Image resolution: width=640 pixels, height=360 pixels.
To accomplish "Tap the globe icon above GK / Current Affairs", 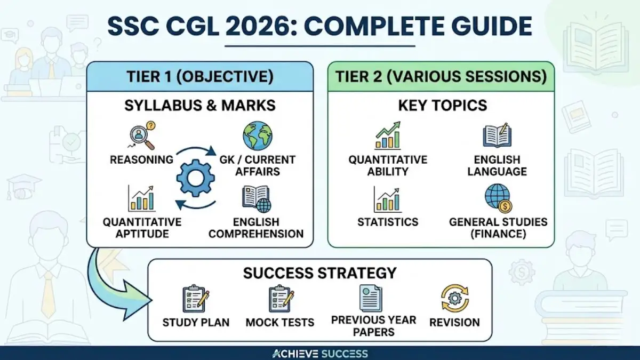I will click(257, 136).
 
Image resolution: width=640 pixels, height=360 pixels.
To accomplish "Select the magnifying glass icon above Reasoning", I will click(141, 136).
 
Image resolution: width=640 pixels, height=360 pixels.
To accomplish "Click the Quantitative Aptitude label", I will click(142, 228).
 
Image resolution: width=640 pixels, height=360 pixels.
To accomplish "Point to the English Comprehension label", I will click(256, 228).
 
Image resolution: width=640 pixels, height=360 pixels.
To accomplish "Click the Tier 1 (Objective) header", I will click(200, 76).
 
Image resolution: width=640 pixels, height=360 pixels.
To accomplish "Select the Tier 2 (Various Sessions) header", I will click(441, 76).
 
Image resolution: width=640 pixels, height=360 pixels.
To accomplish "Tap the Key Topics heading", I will click(442, 106).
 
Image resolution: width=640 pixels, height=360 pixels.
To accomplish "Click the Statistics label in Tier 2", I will click(388, 222).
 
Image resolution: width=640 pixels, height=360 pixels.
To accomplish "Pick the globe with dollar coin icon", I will click(498, 198).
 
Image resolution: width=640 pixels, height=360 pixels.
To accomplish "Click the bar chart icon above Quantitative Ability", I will click(388, 137).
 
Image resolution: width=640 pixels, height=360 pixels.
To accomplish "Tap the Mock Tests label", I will click(280, 322).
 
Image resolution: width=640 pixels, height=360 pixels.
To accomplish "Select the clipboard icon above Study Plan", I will click(195, 298).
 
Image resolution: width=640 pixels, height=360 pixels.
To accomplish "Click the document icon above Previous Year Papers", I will click(370, 298).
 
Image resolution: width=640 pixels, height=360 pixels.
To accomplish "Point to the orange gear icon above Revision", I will click(455, 298).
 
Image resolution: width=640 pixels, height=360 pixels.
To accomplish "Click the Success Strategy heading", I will click(319, 273).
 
